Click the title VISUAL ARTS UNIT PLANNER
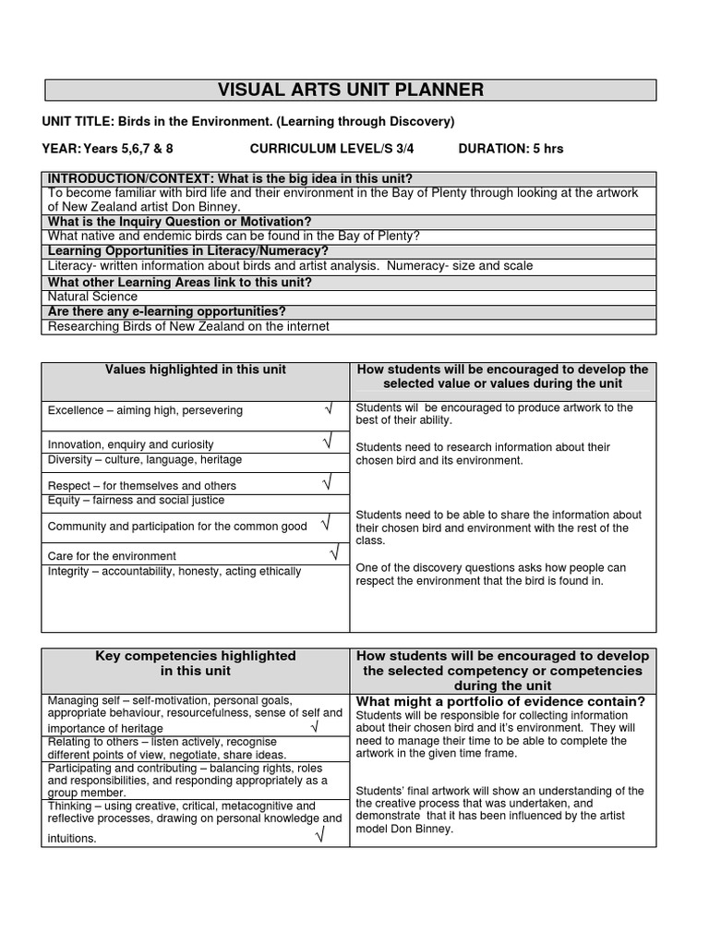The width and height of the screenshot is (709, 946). [351, 90]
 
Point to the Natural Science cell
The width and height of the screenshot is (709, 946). [92, 297]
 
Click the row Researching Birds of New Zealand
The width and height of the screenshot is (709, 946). [188, 326]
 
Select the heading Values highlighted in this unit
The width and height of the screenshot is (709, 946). [195, 370]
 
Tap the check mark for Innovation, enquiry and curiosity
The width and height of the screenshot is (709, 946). [328, 443]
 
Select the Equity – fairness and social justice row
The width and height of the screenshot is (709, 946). [137, 500]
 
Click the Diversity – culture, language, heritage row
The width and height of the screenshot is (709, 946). [145, 459]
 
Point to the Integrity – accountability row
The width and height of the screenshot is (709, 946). [174, 571]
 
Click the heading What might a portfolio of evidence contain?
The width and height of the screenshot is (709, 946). [500, 701]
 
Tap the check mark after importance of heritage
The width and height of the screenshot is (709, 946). [314, 727]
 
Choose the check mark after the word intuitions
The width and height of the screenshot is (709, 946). [319, 837]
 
